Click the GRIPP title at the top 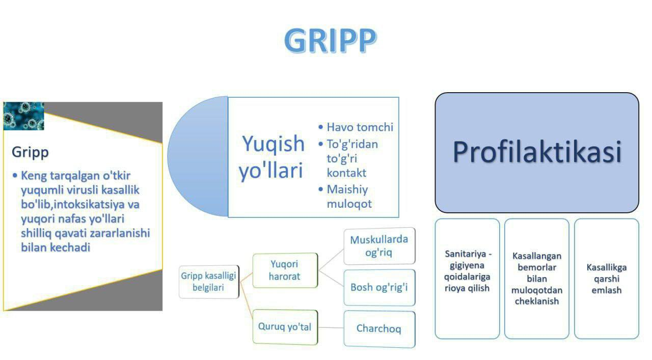[x=331, y=40]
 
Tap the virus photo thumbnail [x=23, y=116]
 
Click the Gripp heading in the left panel [x=30, y=152]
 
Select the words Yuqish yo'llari [x=271, y=157]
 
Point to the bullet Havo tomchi [x=356, y=127]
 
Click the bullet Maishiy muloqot [x=345, y=197]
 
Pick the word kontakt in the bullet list [x=346, y=173]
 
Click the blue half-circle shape [x=198, y=156]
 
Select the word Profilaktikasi [x=537, y=152]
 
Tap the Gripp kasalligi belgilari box [x=209, y=282]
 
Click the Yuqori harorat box [x=285, y=270]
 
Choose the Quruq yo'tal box [x=285, y=327]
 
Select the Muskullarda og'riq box [x=379, y=246]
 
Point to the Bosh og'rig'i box [x=379, y=288]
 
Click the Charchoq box [x=379, y=329]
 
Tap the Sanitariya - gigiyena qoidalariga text [x=467, y=265]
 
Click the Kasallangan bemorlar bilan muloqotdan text [x=537, y=273]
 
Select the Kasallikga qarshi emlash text [x=607, y=279]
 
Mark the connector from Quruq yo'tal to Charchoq [x=331, y=328]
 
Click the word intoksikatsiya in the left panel [x=89, y=204]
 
